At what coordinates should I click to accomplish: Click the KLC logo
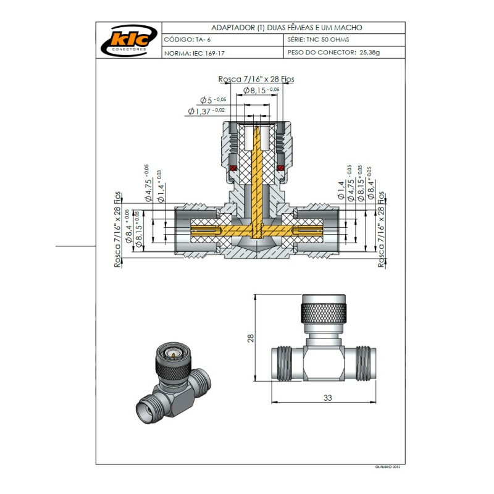(128, 41)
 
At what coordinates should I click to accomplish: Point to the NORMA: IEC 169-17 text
(195, 54)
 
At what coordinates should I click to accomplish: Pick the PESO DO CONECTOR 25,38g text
(333, 53)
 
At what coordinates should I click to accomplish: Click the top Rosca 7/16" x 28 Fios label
(256, 80)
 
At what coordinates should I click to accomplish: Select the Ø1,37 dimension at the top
(206, 111)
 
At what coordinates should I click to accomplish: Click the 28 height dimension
(251, 338)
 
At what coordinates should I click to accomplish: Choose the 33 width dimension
(327, 398)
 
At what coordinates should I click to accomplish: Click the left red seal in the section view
(233, 169)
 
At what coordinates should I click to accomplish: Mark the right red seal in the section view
(281, 169)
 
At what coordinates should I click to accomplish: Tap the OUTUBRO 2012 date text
(389, 467)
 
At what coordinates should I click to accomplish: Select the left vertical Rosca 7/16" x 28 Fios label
(117, 230)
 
